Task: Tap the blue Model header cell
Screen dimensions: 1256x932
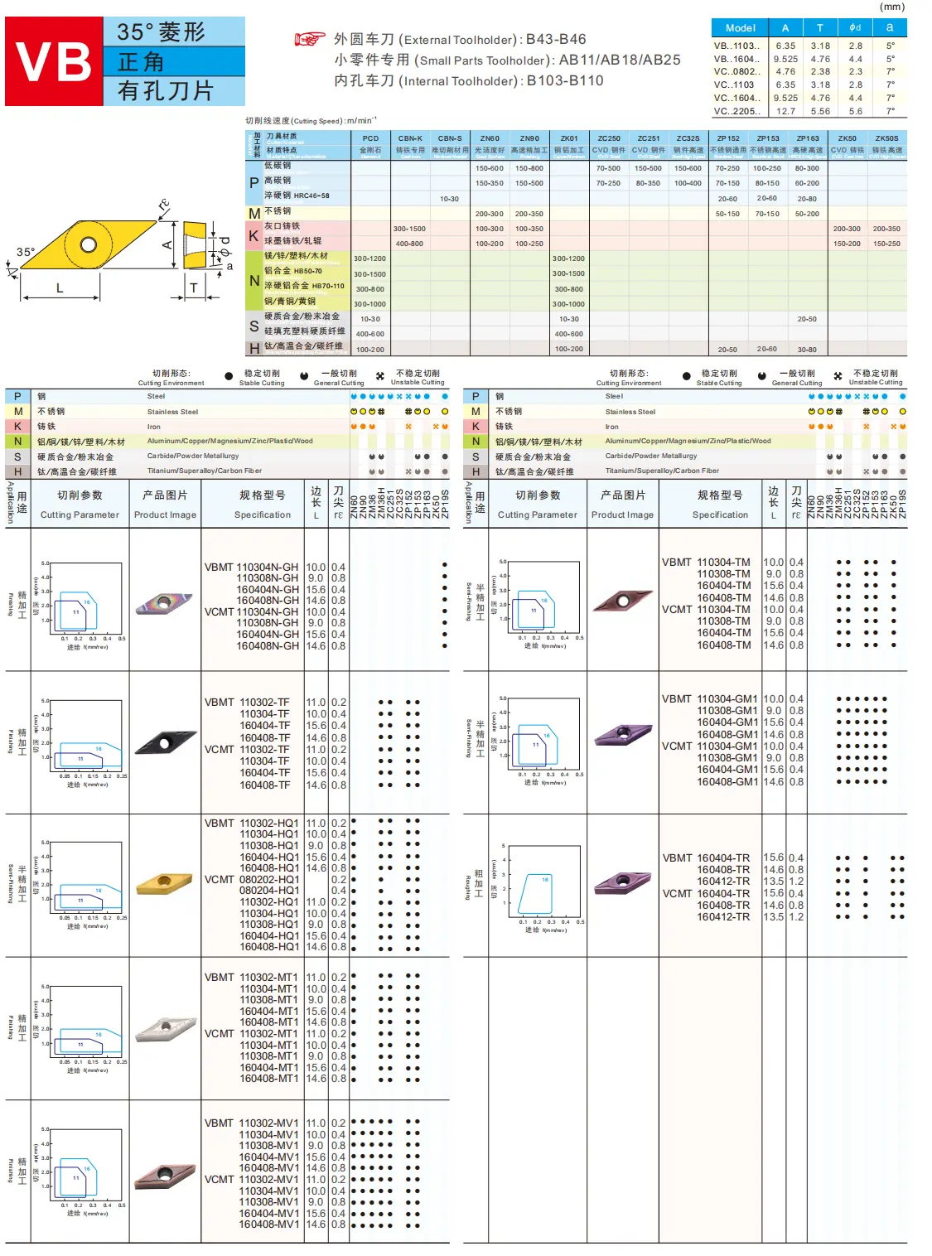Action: tap(740, 28)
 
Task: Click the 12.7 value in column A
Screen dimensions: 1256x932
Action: tap(785, 111)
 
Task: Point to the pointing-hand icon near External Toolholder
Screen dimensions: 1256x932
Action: tap(310, 39)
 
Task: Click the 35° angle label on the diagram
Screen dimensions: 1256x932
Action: tap(26, 252)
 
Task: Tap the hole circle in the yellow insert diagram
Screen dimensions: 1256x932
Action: tap(89, 245)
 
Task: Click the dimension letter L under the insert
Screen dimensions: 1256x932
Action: tap(60, 288)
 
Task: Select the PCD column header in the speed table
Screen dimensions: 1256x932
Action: tap(370, 138)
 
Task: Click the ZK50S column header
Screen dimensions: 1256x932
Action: tap(886, 138)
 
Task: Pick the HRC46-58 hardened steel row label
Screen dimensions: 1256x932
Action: tap(297, 196)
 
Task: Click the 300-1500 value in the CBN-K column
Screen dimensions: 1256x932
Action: tap(409, 229)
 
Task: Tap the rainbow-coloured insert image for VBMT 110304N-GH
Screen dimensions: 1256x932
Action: tap(165, 603)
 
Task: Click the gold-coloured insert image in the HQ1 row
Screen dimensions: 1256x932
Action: tap(165, 885)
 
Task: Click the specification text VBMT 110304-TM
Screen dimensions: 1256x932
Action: tap(706, 563)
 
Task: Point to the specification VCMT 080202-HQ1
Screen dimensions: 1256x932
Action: tap(252, 880)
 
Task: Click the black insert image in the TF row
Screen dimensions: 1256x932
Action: tap(165, 740)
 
